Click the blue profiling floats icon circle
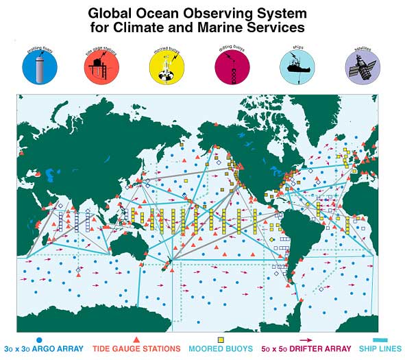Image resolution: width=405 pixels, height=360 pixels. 40,67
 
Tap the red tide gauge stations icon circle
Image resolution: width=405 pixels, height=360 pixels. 101,67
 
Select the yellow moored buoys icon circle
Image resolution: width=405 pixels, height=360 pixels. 167,67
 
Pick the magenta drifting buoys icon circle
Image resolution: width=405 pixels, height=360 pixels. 232,67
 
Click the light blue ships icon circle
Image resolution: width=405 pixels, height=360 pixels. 297,67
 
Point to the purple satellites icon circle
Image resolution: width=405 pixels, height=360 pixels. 363,67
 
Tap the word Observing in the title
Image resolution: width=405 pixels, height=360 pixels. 201,12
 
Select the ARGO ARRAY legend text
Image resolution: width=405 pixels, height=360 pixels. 58,349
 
